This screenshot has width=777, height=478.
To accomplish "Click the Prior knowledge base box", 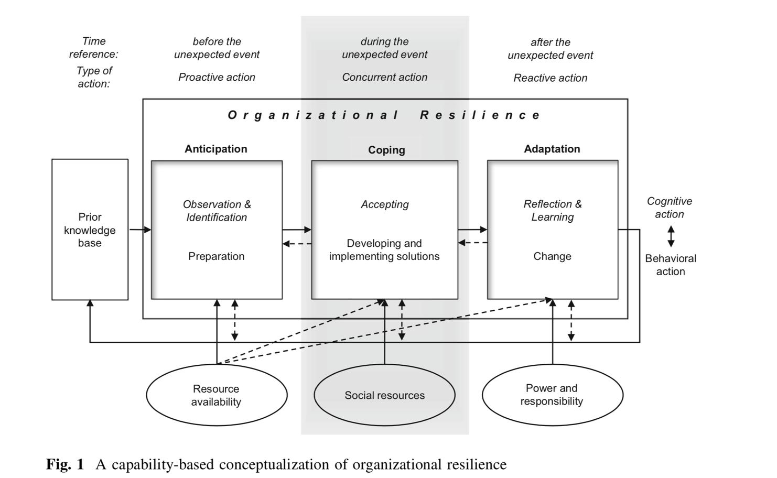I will coord(90,230).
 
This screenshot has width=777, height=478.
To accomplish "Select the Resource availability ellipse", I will coord(217,395).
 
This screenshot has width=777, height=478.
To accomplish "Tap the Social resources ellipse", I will coord(384,395).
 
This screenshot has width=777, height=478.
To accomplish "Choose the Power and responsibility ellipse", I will coord(552,395).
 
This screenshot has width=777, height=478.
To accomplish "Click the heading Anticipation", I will coord(216,149).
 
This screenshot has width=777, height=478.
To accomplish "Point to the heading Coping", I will coord(386,150).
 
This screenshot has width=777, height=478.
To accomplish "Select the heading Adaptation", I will coord(552,149).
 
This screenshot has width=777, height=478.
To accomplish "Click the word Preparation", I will coord(217,256).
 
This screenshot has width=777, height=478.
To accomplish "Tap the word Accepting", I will coord(385,204).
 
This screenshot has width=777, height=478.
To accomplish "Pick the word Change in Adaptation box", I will coord(552,256).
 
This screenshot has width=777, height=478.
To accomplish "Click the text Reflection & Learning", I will coord(553,210).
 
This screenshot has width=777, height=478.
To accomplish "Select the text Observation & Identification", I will coord(217,211).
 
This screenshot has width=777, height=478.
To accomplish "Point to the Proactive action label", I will coord(217,77).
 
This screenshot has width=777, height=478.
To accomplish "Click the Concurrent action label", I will coord(385,77).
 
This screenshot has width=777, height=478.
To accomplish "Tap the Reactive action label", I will coord(551,78).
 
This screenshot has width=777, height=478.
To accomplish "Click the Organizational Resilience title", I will coord(384,115).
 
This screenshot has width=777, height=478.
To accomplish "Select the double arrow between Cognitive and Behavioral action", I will coord(671,236).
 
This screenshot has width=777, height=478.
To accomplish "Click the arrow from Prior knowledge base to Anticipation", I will coord(140,230).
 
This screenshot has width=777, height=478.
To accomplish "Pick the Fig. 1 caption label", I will coord(65,464).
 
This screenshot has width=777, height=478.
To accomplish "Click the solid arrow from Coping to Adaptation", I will coord(472,230).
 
